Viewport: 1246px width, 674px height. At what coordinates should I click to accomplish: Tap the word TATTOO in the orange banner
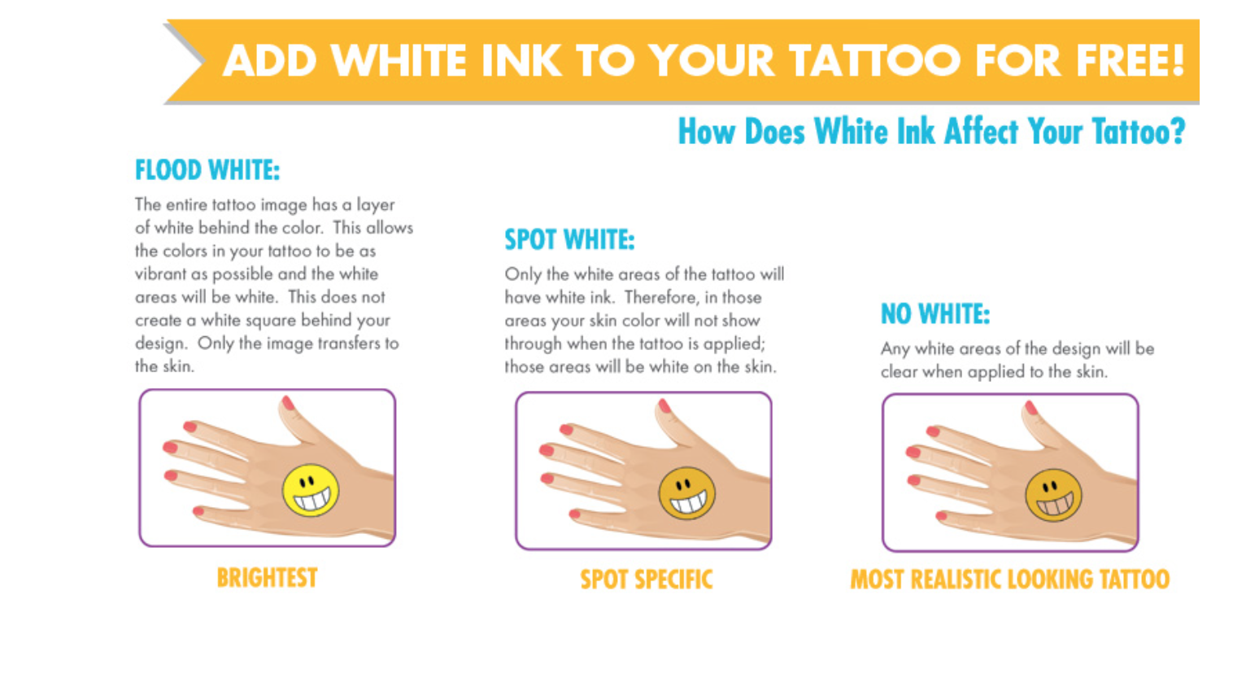coord(874,60)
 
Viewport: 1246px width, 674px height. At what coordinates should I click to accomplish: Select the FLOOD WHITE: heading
coord(207,170)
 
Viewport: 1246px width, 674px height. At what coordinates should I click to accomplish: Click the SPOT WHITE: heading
coord(569,240)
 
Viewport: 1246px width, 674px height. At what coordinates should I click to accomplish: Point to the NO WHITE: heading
coord(935,314)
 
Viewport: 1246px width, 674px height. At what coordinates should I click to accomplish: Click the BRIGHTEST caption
coord(267,578)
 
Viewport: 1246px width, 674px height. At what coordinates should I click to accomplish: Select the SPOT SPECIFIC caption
coord(647,580)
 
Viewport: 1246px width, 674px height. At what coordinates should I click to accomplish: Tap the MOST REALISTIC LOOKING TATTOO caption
coord(1009,580)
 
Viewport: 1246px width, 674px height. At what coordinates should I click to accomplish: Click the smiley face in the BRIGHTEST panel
coord(311,490)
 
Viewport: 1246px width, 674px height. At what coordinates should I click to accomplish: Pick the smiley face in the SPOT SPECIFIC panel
coord(687,493)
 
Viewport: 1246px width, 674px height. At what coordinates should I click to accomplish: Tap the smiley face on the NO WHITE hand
coord(1053,495)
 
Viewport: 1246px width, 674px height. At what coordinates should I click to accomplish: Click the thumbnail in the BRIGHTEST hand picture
coord(288,403)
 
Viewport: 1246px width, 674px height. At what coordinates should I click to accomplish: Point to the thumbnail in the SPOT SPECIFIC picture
coord(664,405)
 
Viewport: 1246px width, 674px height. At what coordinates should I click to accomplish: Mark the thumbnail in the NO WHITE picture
coord(1031,408)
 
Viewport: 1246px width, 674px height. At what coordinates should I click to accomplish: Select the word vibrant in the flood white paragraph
coord(160,274)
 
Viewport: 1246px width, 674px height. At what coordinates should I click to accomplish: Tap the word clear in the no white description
coord(899,372)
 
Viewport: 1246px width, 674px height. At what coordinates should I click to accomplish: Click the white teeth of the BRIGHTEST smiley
coord(312,501)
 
